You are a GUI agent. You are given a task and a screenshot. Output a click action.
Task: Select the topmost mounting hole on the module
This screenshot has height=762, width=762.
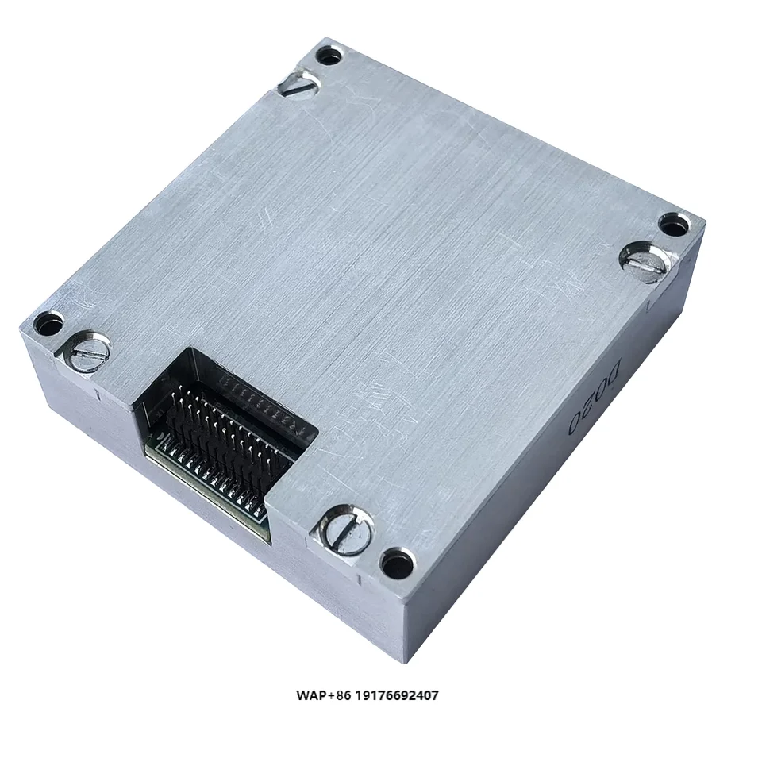pyautogui.click(x=329, y=57)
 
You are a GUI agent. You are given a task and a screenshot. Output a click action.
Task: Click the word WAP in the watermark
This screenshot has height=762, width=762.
pyautogui.click(x=311, y=696)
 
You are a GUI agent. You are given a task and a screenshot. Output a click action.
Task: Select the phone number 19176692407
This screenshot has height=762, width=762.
pyautogui.click(x=395, y=696)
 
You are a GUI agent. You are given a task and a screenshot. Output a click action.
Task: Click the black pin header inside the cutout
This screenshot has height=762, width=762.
pyautogui.click(x=230, y=429)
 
